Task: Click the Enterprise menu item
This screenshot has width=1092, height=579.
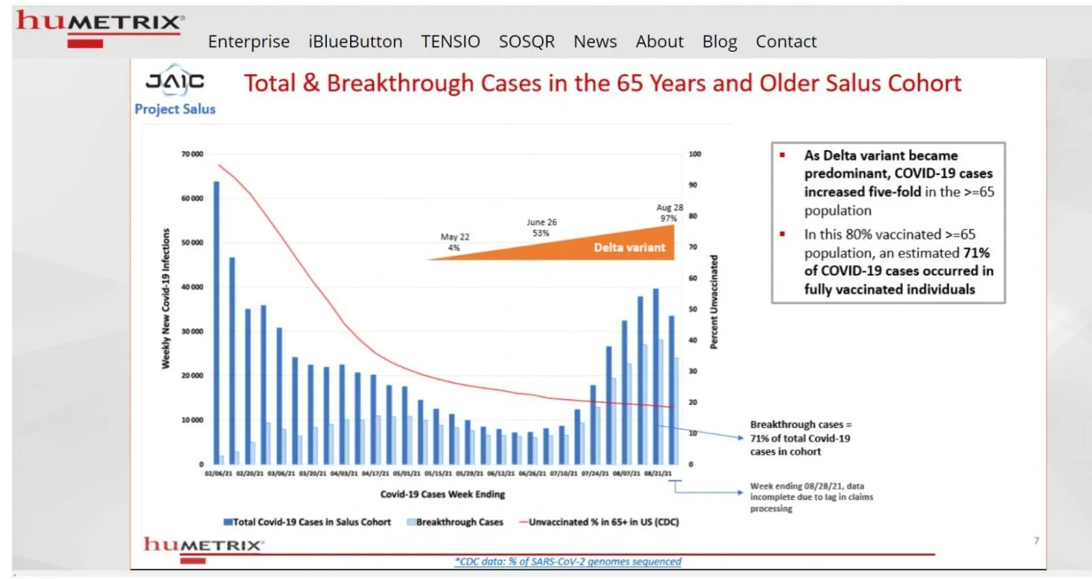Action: [248, 42]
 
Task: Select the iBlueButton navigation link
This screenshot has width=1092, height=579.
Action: [355, 42]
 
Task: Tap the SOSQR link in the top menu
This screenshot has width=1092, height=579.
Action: [526, 42]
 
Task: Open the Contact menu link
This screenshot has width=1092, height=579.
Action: [786, 42]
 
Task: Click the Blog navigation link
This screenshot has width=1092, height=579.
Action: [719, 42]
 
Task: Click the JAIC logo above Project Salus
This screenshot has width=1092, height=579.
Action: [175, 81]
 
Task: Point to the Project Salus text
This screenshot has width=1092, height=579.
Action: [175, 109]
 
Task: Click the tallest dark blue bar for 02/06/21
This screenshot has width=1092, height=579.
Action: [216, 321]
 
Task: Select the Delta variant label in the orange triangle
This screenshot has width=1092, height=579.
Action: [629, 247]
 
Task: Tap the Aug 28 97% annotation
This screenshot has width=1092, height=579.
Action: [669, 212]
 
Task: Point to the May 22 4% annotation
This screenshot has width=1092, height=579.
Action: [455, 242]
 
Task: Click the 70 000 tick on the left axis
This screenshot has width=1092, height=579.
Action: [192, 154]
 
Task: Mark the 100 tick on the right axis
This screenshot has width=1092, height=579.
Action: [694, 154]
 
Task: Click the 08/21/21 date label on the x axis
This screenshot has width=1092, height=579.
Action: [658, 473]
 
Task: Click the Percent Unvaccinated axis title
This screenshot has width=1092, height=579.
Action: [714, 302]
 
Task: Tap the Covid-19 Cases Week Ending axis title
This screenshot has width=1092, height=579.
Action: [442, 494]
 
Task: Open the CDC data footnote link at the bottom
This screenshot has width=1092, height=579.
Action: [568, 561]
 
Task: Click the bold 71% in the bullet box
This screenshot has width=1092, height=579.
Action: [976, 253]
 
